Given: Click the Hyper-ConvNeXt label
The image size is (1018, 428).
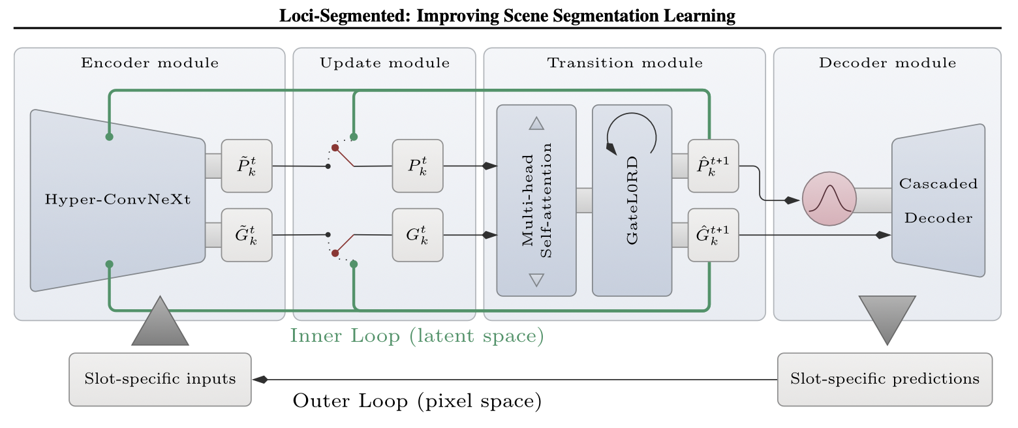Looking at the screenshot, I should [x=117, y=200].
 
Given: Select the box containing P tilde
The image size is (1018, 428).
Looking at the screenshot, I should [x=247, y=166].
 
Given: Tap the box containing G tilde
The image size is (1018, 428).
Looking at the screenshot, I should [x=247, y=235].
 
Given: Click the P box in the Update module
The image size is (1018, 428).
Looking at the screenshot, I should [x=418, y=166].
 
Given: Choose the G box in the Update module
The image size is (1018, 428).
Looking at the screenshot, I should [x=418, y=235].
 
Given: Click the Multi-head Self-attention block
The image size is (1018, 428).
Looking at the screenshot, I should [x=536, y=200].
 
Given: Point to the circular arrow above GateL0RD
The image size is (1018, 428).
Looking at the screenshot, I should [x=631, y=133].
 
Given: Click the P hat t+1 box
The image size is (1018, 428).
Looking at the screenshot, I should [x=714, y=166].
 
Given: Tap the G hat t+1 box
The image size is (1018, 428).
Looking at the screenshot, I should [x=714, y=235].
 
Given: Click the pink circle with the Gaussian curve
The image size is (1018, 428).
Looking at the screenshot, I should [x=828, y=200].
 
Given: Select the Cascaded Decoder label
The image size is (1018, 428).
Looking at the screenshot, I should [x=938, y=200].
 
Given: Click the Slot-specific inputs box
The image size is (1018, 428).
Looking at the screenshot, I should [x=160, y=379].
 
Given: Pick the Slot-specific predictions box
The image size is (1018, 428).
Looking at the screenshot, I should [x=884, y=379].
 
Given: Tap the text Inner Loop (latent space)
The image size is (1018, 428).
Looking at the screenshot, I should [x=416, y=337].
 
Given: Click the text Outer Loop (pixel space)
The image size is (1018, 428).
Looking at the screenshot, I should [x=417, y=400].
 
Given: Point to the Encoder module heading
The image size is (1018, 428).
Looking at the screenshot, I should [x=149, y=63].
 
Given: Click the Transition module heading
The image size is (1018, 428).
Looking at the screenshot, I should [x=625, y=63].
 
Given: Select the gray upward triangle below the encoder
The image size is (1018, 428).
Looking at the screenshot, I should [x=160, y=324].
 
